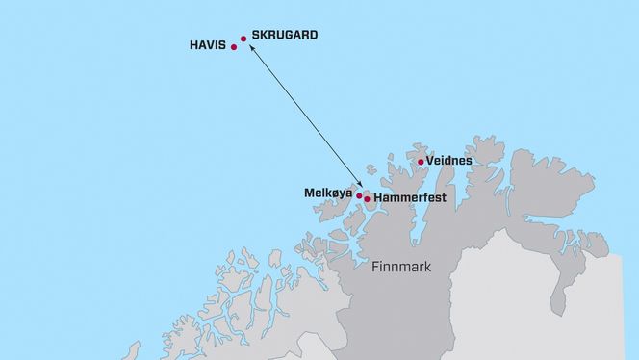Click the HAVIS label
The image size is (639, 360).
pyautogui.click(x=208, y=44)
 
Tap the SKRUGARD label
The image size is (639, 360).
pyautogui.click(x=284, y=35)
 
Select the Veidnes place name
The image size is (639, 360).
pyautogui.click(x=448, y=160)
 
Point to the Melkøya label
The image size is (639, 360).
pyautogui.click(x=328, y=193)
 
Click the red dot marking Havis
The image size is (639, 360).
pyautogui.click(x=234, y=46)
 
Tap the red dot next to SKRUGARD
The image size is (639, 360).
pyautogui.click(x=243, y=39)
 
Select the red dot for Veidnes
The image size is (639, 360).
pyautogui.click(x=421, y=162)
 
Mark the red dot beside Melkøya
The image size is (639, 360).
pyautogui.click(x=359, y=195)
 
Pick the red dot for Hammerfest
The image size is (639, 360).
pyautogui.click(x=367, y=199)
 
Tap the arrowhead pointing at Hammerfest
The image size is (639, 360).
pyautogui.click(x=360, y=185)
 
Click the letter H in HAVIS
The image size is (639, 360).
pyautogui.click(x=194, y=44)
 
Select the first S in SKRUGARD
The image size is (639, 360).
pyautogui.click(x=255, y=35)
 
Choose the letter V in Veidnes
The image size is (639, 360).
pyautogui.click(x=429, y=160)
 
